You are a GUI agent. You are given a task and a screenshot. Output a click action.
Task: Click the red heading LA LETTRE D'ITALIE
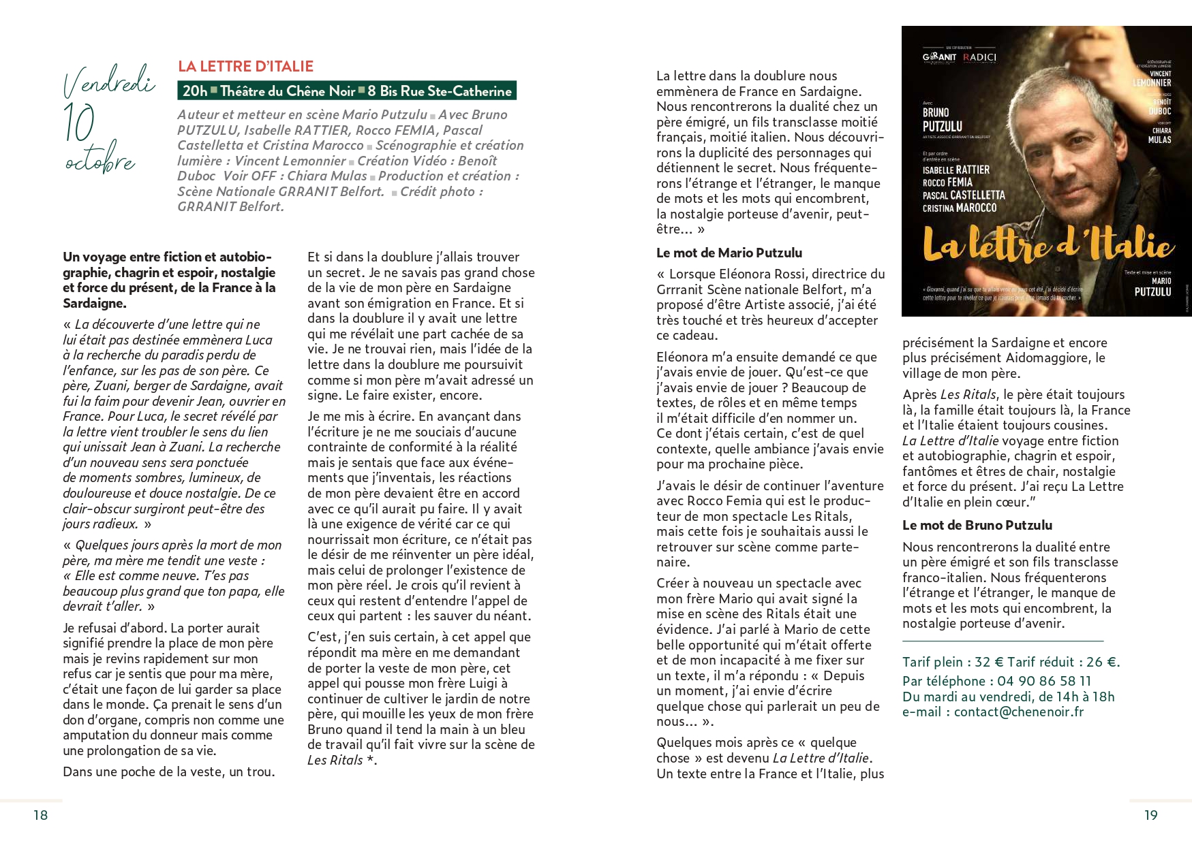(x=245, y=67)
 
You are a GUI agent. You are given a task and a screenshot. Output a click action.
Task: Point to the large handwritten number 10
(x=79, y=123)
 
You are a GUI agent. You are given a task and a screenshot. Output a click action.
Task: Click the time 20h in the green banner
(x=195, y=91)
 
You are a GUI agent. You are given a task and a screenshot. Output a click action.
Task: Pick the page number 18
(x=41, y=815)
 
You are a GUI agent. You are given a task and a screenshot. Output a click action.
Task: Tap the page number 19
(x=1150, y=815)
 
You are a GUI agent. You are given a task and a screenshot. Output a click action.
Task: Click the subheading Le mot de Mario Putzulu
(x=729, y=253)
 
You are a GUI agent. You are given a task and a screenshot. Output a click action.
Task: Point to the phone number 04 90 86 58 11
(x=1044, y=681)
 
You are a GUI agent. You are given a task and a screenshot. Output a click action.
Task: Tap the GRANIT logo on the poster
(x=939, y=57)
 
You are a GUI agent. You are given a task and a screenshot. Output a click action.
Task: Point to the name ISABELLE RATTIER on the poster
(x=956, y=170)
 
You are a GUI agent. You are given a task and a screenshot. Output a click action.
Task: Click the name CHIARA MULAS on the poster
(x=1161, y=135)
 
